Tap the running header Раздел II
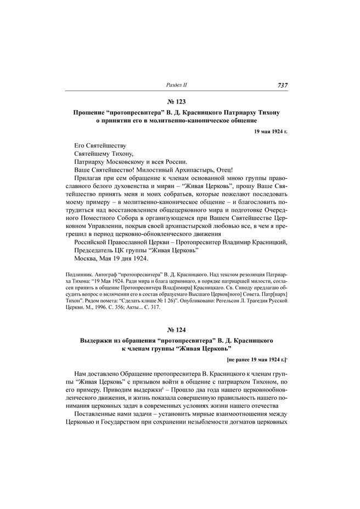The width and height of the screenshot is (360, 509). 177,85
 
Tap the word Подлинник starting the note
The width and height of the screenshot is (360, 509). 79,273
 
